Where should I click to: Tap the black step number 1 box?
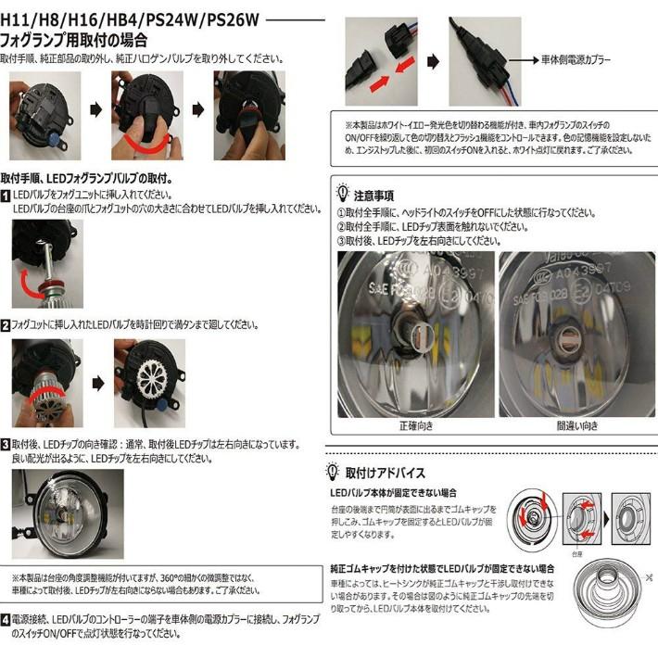[x=6, y=196]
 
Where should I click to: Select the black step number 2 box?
[x=6, y=325]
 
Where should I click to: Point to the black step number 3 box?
[x=6, y=445]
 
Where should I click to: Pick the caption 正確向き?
[x=415, y=426]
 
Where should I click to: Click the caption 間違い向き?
[x=576, y=426]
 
